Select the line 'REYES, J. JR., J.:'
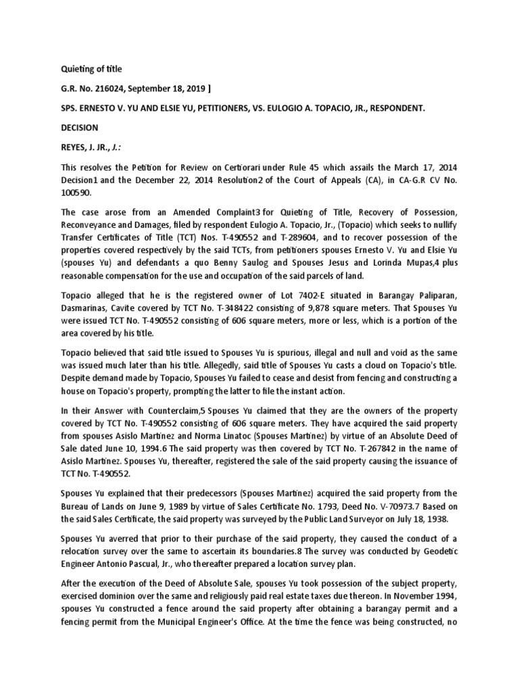tap(88, 147)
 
